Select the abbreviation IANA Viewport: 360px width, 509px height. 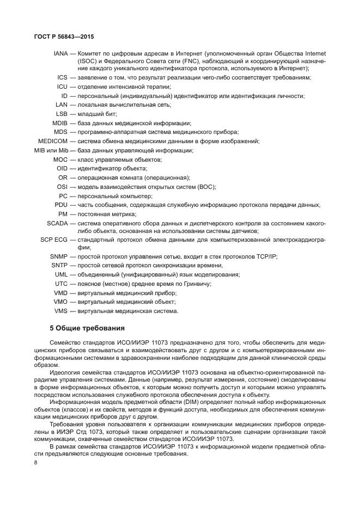point(60,54)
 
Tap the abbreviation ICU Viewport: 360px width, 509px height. point(62,87)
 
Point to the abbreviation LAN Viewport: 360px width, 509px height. point(61,105)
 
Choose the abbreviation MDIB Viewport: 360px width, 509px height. point(59,123)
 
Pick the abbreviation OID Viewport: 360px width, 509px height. point(62,168)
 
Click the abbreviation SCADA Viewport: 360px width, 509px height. point(57,223)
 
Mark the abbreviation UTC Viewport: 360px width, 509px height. point(61,284)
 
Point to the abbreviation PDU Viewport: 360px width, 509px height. point(60,205)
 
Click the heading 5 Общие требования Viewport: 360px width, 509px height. point(87,328)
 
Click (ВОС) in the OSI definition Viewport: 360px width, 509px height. point(206,187)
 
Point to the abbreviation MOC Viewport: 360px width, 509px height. point(60,160)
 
